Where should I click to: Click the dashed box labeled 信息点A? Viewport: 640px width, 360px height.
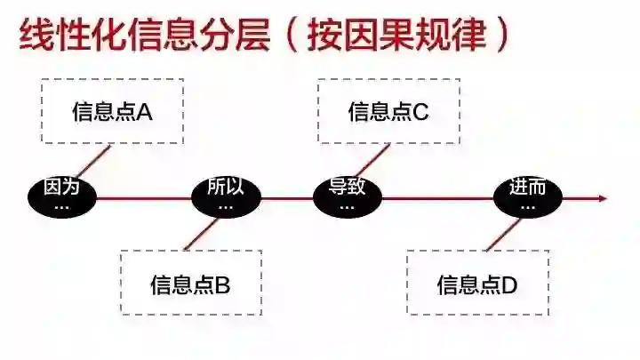tap(112, 111)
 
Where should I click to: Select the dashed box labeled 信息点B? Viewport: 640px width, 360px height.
tap(190, 283)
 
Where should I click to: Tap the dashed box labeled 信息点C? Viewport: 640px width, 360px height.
tap(388, 111)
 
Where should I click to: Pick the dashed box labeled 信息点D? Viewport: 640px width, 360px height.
tap(477, 283)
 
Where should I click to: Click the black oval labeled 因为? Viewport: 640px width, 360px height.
tap(61, 196)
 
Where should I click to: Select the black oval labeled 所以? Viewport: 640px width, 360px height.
tap(225, 196)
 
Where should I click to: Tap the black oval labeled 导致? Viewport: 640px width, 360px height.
tap(347, 196)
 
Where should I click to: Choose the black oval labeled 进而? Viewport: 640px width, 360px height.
tap(528, 196)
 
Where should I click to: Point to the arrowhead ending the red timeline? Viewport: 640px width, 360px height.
tap(603, 197)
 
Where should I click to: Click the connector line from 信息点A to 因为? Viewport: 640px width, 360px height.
tap(94, 161)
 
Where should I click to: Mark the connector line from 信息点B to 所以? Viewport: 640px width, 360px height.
tap(200, 234)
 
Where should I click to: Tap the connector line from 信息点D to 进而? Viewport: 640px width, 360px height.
tap(503, 233)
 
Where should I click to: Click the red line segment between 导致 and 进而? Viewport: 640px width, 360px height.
tap(436, 197)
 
